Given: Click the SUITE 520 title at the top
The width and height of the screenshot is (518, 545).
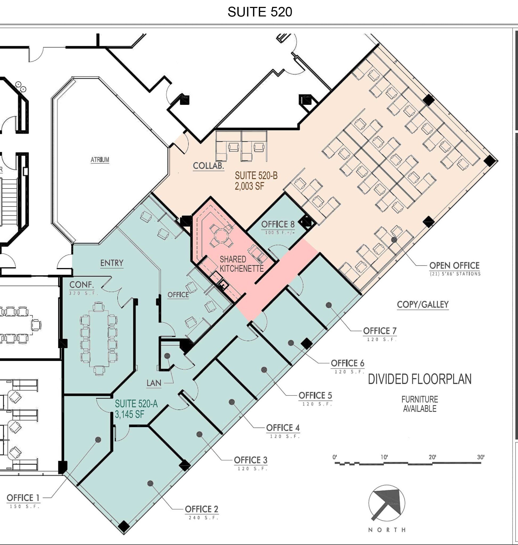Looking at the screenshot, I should point(260,12).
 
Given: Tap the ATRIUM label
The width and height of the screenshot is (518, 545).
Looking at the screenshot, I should point(100,160).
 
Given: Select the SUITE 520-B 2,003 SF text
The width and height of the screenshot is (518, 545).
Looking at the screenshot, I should point(256,181).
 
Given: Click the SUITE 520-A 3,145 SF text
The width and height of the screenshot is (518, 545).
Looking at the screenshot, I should point(136,409).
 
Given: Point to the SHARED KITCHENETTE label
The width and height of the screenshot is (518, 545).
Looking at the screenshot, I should point(241,264).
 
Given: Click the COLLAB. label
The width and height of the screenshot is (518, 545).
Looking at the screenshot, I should point(208,166).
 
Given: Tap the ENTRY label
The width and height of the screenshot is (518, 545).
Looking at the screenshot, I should point(112,263).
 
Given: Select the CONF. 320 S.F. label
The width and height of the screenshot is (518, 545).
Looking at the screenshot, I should point(82,288).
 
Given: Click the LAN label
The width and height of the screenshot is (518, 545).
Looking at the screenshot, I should point(154,383).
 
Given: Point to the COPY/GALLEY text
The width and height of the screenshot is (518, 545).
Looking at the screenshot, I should point(422,305).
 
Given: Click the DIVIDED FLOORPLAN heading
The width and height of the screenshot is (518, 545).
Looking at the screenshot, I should point(419,379).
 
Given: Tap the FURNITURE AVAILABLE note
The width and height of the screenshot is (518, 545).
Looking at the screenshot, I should point(419,404).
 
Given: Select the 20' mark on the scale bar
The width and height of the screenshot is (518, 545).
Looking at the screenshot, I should point(432,457).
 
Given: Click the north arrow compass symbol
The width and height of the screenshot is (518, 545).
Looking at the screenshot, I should point(386,503).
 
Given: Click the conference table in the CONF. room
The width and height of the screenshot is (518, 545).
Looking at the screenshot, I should point(99,338).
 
